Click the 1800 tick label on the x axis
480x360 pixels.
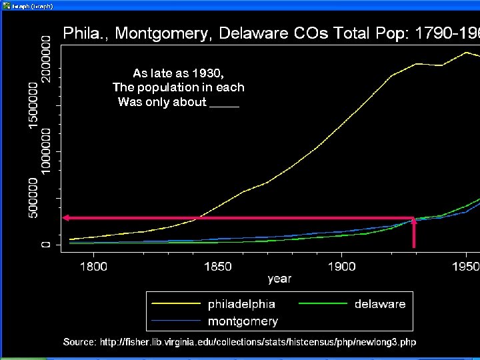93,267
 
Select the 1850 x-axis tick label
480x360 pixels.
217,267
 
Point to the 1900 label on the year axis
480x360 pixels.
341,267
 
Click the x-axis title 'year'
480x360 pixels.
279,279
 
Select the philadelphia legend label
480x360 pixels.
241,304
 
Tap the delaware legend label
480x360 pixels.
380,304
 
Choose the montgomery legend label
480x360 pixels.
243,321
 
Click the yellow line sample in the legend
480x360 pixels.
177,304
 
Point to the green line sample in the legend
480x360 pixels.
323,304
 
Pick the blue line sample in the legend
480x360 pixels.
177,321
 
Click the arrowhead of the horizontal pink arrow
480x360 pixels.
67,218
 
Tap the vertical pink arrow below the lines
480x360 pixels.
414,233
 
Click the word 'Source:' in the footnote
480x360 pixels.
79,342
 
